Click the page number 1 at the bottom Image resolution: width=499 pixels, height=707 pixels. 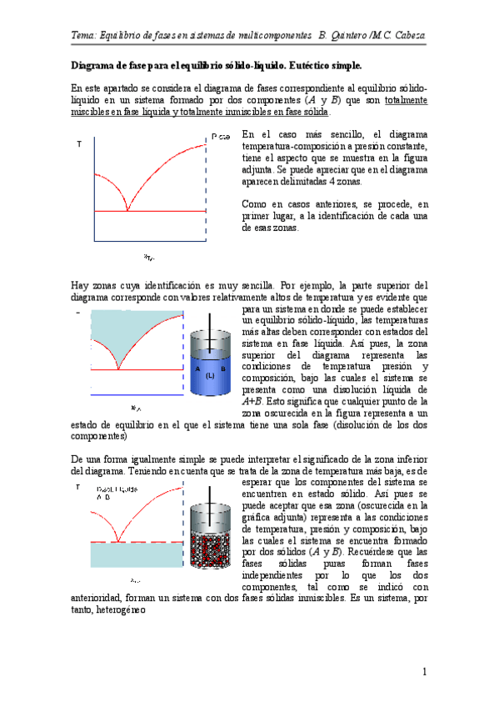coord(424,672)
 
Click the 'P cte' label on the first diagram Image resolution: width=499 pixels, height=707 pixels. coord(221,136)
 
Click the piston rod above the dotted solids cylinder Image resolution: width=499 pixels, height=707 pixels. coord(208,495)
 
